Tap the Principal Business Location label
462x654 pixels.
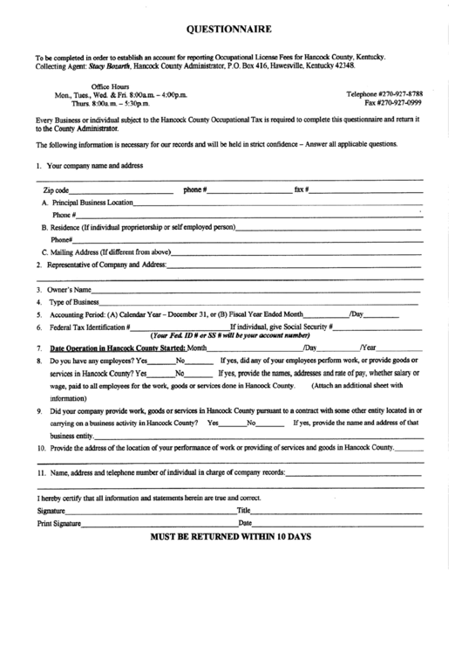92,203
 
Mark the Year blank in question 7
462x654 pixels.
401,348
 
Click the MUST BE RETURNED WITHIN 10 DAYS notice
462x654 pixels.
231,536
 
